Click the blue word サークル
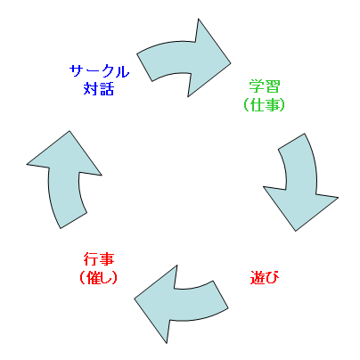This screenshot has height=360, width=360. (x=99, y=71)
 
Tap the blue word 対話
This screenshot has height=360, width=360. (x=99, y=89)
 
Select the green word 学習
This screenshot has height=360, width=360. (x=265, y=86)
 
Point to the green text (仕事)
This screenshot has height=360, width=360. (x=264, y=104)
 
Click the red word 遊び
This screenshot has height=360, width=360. (x=265, y=277)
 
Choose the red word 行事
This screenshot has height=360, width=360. (x=99, y=259)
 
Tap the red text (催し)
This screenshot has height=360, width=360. (x=99, y=277)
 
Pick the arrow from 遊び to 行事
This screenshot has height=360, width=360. (x=181, y=305)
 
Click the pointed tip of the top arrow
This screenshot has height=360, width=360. (x=231, y=63)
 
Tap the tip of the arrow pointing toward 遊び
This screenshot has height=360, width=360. (x=296, y=231)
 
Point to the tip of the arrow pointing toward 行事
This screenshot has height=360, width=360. (x=135, y=299)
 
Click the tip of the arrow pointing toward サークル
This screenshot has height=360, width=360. (x=70, y=131)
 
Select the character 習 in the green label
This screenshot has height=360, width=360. (x=273, y=86)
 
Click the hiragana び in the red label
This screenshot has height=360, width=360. (x=273, y=277)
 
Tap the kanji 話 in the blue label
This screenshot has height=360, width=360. (x=107, y=89)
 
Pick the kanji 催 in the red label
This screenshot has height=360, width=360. (x=93, y=277)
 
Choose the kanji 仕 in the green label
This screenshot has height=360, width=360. (x=257, y=104)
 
